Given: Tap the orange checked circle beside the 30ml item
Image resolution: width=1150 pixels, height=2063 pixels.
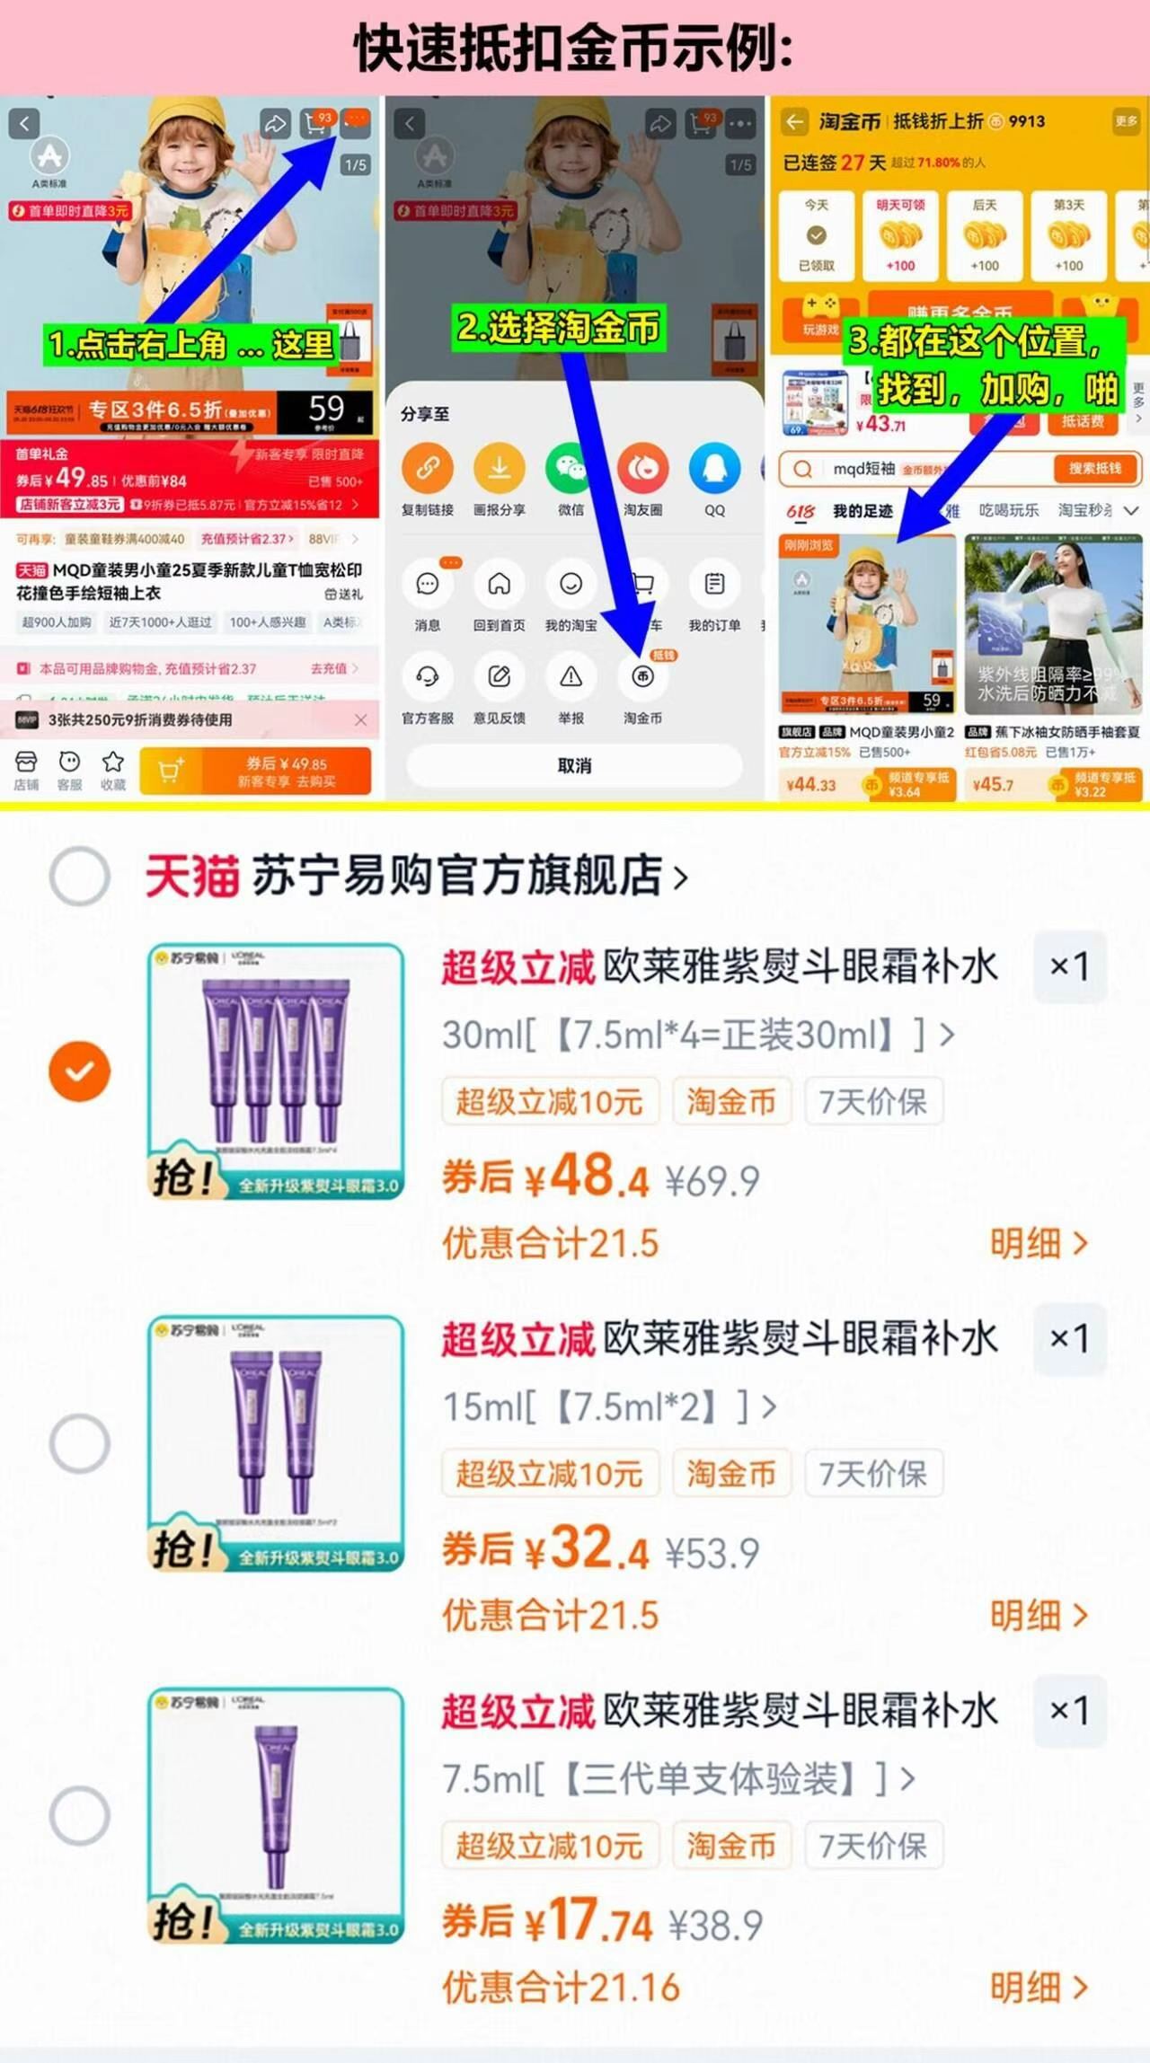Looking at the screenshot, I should tap(80, 1071).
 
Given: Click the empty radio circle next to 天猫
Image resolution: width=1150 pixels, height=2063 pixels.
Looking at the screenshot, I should tap(80, 876).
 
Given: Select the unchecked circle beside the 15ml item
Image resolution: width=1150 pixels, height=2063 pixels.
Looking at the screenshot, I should tap(80, 1443).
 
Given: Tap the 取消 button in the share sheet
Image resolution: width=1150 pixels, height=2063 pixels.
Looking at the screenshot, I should tap(574, 765).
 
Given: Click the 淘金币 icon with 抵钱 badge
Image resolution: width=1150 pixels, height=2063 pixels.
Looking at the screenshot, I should tap(642, 677).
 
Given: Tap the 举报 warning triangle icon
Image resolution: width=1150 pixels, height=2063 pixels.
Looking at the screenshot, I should tap(571, 677).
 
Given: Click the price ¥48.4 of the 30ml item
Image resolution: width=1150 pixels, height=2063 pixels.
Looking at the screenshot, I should tap(588, 1177).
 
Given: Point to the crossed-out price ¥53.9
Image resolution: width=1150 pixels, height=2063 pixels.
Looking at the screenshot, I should tap(712, 1553).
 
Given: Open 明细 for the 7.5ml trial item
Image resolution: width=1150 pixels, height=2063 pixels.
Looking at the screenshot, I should tap(1038, 1988).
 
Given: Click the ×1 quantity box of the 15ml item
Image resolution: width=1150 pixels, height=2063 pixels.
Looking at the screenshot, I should tap(1069, 1338).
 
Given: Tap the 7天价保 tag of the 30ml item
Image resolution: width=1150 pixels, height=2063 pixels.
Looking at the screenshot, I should tap(872, 1101).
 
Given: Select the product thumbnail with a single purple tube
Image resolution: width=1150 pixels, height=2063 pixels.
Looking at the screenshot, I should tap(276, 1815).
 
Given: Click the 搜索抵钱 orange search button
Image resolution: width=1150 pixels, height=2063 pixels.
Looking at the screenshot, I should tap(1094, 469).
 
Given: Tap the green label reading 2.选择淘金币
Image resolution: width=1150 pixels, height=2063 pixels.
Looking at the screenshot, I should tap(559, 328).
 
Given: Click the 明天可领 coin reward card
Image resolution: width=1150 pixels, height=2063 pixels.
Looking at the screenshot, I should tap(900, 235).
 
